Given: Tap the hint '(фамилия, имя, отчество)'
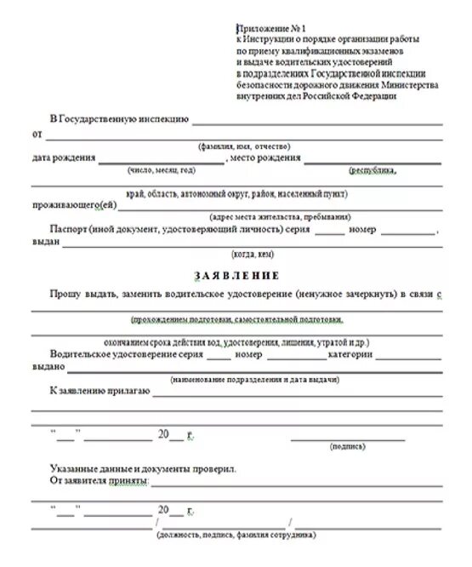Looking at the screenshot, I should (245, 146).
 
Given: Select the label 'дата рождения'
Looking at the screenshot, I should (63, 158).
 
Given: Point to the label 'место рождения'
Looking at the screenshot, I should (265, 158).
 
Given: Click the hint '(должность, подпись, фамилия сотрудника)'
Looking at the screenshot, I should (236, 535).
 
